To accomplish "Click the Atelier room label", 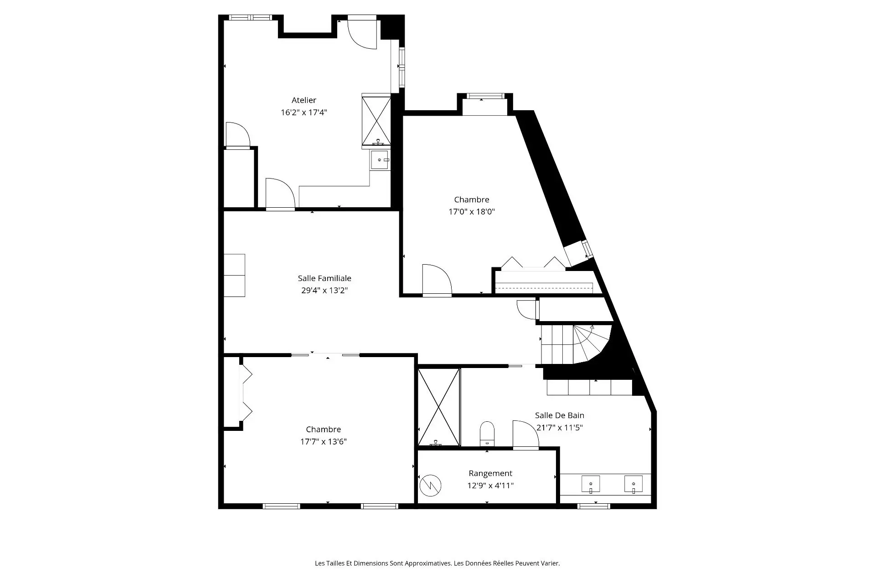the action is [x=304, y=100].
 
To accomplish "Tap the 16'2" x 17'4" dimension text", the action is [x=304, y=113].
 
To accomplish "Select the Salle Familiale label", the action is [x=324, y=278].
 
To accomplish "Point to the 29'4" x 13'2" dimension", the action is [x=324, y=291].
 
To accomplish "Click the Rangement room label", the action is [x=490, y=474].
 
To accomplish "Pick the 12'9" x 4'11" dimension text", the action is [x=490, y=486].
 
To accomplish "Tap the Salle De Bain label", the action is [x=560, y=415].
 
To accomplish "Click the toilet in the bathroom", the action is [x=487, y=434].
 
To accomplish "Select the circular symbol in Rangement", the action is [x=431, y=486].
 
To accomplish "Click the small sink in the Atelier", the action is [x=380, y=160].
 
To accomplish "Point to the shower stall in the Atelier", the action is [x=376, y=121].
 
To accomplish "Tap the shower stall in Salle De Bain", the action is [x=439, y=407].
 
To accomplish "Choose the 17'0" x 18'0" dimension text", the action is [x=472, y=212].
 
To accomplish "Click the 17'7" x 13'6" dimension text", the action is [x=324, y=442].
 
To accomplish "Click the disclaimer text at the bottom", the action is [x=437, y=563].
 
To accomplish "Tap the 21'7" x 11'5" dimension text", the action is [x=560, y=428].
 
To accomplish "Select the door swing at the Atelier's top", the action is [x=362, y=32].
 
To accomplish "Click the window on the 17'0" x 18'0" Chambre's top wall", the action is [x=485, y=96].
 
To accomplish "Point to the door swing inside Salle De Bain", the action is [x=525, y=434].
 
